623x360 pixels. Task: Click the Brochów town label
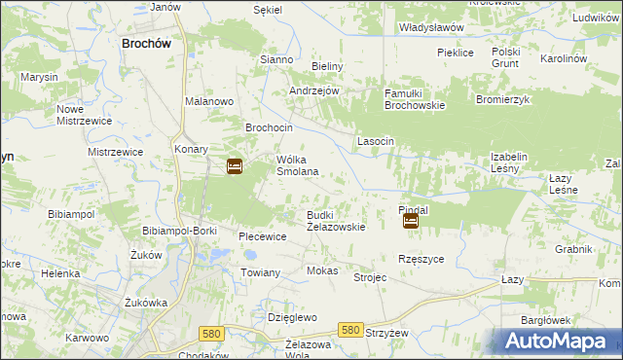tap(146, 43)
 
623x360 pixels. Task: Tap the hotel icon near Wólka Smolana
tap(235, 166)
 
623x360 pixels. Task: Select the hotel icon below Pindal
tap(411, 222)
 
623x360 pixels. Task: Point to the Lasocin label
tap(375, 141)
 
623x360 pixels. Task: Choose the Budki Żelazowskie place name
tap(336, 221)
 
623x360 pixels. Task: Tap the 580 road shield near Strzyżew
tap(351, 331)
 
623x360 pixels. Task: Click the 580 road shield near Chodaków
tap(210, 333)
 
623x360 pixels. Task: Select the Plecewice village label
tap(262, 236)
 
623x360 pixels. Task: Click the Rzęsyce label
tap(421, 259)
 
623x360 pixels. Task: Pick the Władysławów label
tap(431, 28)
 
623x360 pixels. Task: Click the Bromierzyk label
tap(501, 100)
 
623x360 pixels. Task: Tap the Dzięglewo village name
tap(293, 317)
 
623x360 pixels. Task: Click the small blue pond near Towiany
tap(220, 255)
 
